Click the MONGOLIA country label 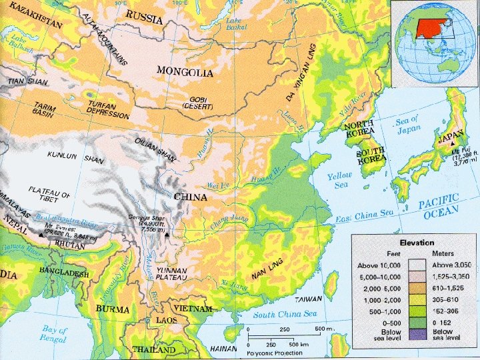tap(185, 71)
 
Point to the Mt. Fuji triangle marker tap(453, 144)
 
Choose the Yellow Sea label tap(339, 180)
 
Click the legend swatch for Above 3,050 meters tap(417, 264)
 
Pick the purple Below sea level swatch tap(417, 333)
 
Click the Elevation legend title tap(417, 243)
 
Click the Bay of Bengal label tap(55, 333)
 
